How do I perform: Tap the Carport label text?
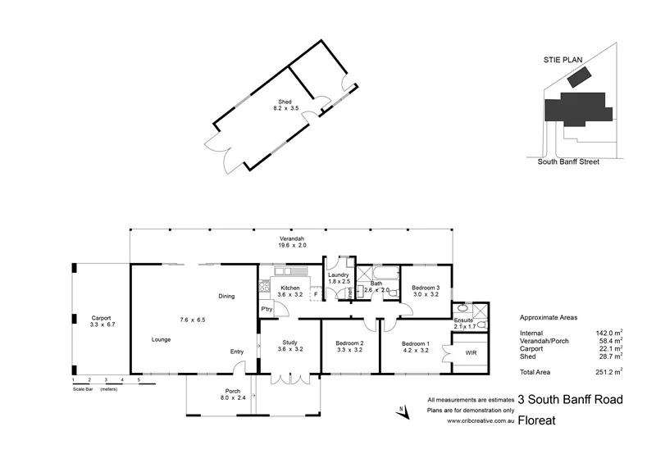point(101,318)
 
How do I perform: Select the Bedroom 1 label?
point(414,343)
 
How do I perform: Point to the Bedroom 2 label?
point(350,343)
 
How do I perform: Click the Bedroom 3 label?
point(426,288)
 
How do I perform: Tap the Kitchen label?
point(291,288)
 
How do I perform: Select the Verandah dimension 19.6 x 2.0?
point(291,245)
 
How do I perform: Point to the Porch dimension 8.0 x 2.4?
point(233,398)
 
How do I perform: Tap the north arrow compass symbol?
point(403,412)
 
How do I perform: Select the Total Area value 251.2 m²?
point(608,371)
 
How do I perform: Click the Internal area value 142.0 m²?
point(608,332)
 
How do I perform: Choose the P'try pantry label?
point(266,308)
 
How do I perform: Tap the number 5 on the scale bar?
point(139,380)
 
